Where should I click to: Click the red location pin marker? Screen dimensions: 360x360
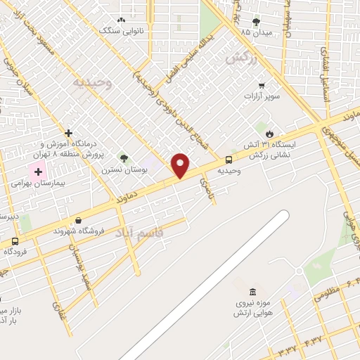(x=181, y=165)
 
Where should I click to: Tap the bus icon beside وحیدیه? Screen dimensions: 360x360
(x=229, y=160)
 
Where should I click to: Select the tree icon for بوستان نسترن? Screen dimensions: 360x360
(x=124, y=159)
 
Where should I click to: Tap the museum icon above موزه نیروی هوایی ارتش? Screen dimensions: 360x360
(x=253, y=292)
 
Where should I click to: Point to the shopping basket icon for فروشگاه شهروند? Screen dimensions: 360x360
(x=77, y=220)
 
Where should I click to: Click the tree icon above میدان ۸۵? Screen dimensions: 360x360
(x=255, y=22)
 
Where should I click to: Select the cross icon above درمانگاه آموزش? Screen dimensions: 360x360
(x=68, y=133)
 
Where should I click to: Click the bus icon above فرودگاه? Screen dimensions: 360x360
(x=14, y=240)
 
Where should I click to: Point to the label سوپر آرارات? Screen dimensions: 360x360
(x=262, y=95)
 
